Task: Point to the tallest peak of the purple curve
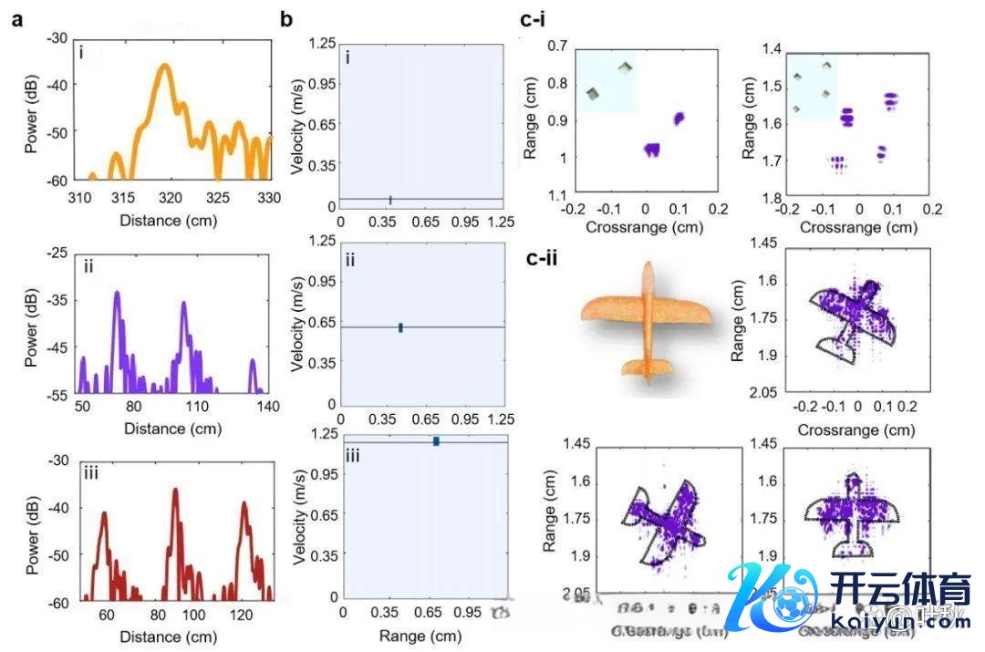118,294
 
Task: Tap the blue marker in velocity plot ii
400,327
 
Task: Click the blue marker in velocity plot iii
437,441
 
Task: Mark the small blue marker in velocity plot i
390,200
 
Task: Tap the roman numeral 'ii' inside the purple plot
88,266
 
